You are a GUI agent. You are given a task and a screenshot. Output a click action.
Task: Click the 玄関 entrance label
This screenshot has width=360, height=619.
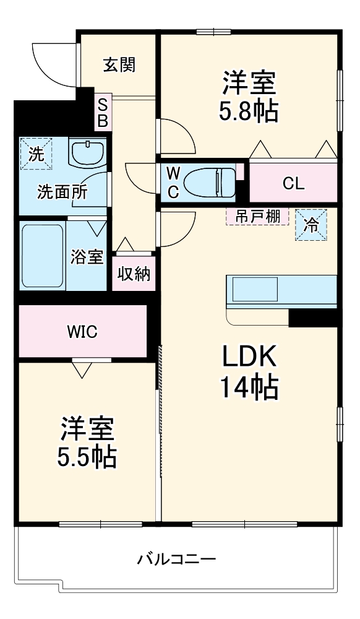(x=119, y=64)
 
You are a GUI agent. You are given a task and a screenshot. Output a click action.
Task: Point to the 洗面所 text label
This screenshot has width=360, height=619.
(x=62, y=191)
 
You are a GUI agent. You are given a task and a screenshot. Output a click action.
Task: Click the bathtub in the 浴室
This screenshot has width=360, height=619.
(x=43, y=255)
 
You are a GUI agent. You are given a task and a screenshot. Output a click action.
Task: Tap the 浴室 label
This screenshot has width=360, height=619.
(x=87, y=257)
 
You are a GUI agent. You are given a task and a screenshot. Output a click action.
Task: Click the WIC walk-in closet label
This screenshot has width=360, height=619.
(x=82, y=332)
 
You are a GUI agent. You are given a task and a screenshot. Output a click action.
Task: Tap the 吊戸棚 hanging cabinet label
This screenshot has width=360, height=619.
(x=257, y=217)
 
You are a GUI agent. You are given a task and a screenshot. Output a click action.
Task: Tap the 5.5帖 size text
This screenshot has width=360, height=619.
(x=87, y=457)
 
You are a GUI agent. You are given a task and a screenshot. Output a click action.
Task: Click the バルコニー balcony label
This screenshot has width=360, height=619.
(x=176, y=560)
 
